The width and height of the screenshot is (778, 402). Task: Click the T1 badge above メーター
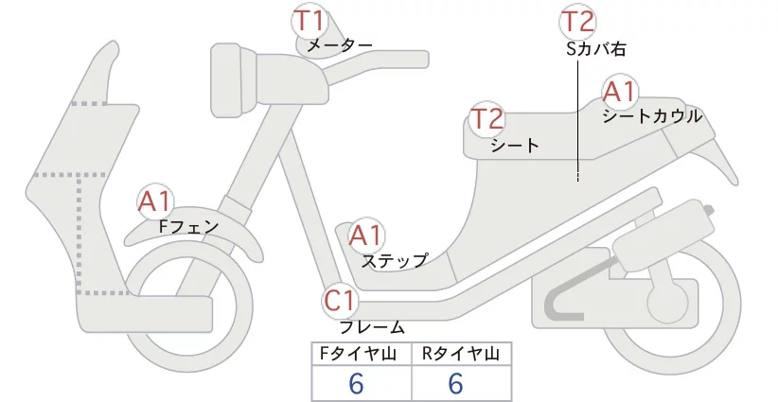(309, 22)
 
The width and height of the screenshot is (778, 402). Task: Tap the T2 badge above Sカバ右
(578, 22)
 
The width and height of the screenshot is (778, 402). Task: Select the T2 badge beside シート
(487, 119)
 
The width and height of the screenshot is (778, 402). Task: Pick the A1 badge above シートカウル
(620, 92)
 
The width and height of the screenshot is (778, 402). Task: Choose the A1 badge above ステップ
(366, 236)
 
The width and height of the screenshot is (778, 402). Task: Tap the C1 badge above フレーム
(341, 301)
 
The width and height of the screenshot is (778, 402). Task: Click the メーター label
(340, 45)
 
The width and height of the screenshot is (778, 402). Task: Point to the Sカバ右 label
(596, 49)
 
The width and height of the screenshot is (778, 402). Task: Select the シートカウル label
(652, 116)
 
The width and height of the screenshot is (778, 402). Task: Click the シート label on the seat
(515, 146)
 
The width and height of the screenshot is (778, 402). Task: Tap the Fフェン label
(189, 227)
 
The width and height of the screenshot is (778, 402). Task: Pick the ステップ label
(395, 261)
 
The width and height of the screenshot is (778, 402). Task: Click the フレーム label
(372, 327)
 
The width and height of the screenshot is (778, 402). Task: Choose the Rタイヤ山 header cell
(462, 354)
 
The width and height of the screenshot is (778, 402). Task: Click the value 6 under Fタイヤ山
(356, 383)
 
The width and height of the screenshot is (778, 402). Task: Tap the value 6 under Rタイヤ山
(455, 383)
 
